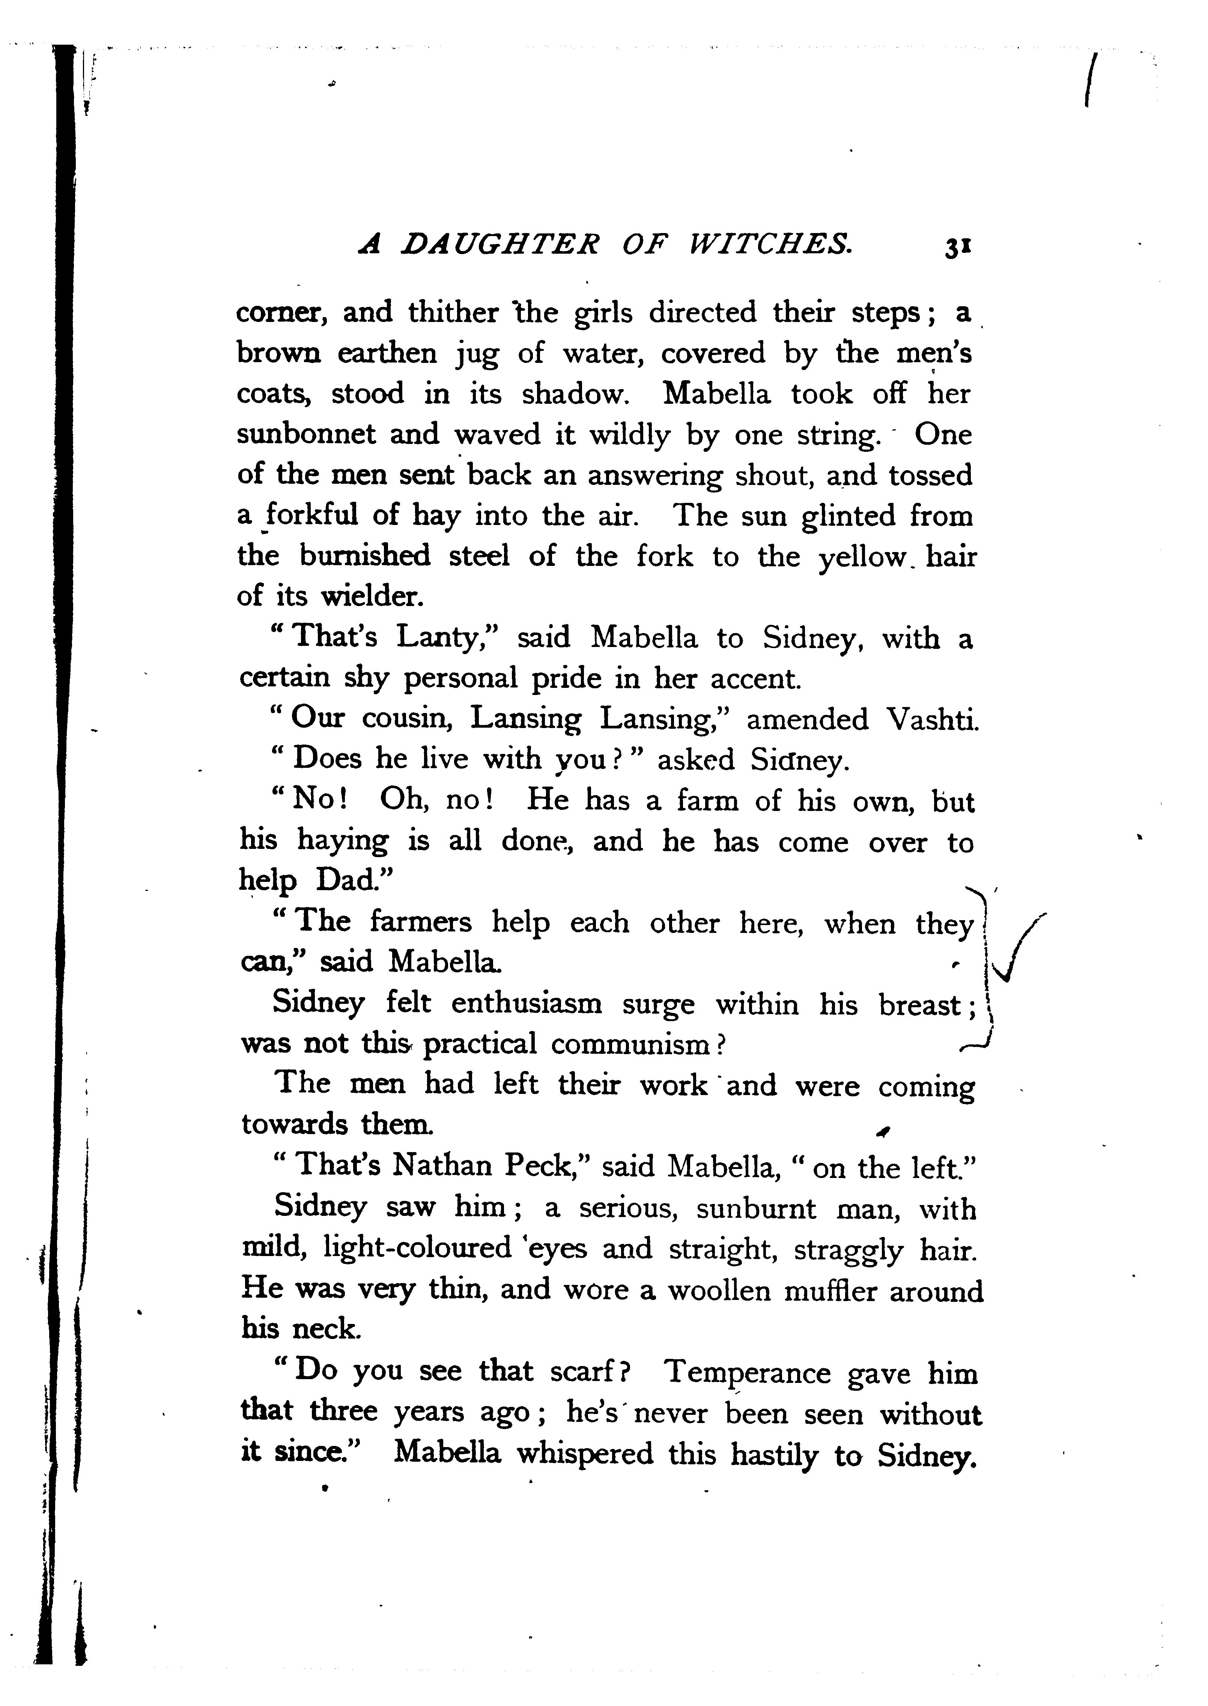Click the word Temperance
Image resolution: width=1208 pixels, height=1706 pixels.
(x=747, y=1372)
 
